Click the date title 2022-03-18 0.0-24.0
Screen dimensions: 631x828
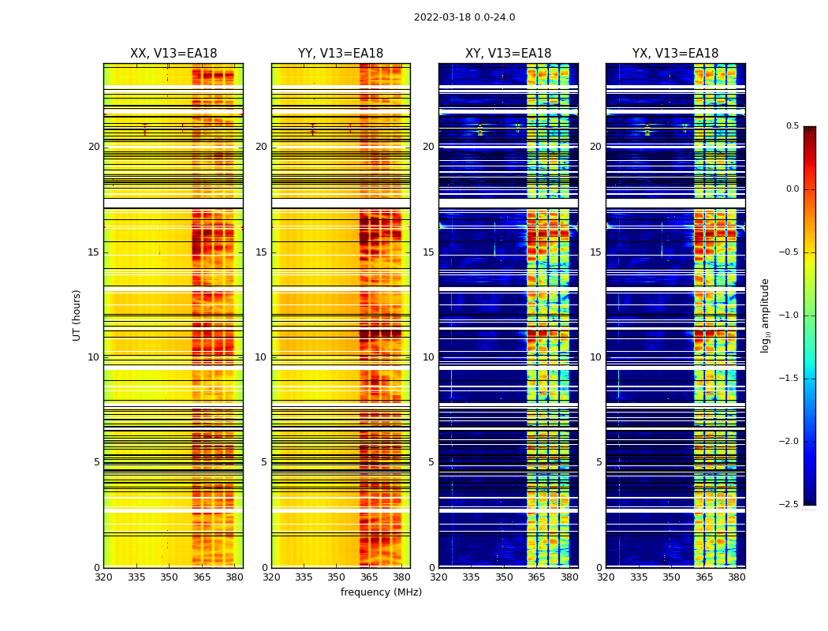[x=464, y=17]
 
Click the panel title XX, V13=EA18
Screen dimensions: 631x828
[x=173, y=54]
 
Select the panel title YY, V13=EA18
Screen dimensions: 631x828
[x=341, y=54]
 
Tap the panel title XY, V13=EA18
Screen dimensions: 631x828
[x=508, y=54]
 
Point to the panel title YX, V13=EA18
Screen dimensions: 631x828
[x=675, y=54]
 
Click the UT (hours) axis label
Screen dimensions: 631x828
[x=77, y=315]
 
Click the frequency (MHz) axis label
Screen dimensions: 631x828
[x=381, y=592]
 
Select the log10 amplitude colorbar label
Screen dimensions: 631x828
[x=765, y=315]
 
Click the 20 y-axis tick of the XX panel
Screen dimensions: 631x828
[x=94, y=147]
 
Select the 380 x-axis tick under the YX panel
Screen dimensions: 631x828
[x=737, y=577]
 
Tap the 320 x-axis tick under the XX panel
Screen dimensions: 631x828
[x=103, y=577]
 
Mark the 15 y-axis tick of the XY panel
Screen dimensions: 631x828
[x=428, y=252]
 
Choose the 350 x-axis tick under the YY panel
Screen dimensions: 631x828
[x=337, y=577]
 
